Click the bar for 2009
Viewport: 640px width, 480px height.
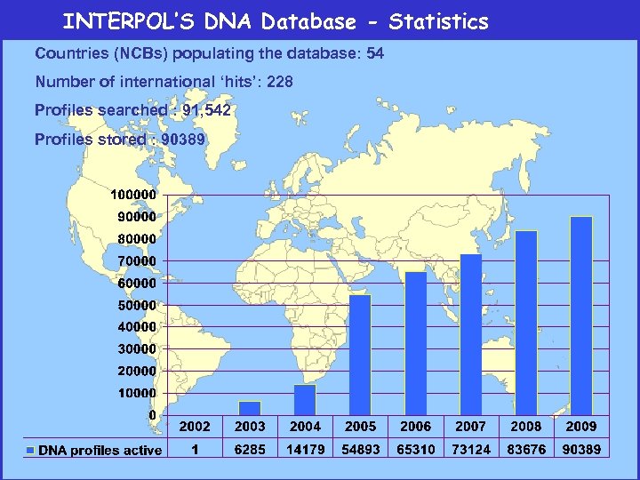pyautogui.click(x=580, y=316)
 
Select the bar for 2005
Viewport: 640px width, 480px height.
pyautogui.click(x=360, y=355)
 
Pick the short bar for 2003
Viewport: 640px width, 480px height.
pyautogui.click(x=250, y=408)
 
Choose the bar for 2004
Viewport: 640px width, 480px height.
pyautogui.click(x=305, y=399)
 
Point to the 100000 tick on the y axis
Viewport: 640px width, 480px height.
pyautogui.click(x=133, y=194)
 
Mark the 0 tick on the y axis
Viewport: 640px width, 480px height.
pyautogui.click(x=152, y=415)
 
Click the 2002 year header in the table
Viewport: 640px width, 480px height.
pyautogui.click(x=195, y=426)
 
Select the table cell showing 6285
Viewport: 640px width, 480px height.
pyautogui.click(x=250, y=450)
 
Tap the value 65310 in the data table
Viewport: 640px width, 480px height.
pyautogui.click(x=415, y=450)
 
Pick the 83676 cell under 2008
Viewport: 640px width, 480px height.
pyautogui.click(x=525, y=450)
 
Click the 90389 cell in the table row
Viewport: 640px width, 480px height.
pyautogui.click(x=580, y=450)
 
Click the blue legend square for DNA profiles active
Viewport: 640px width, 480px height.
pyautogui.click(x=31, y=451)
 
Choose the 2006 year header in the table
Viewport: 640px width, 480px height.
pyautogui.click(x=415, y=426)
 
